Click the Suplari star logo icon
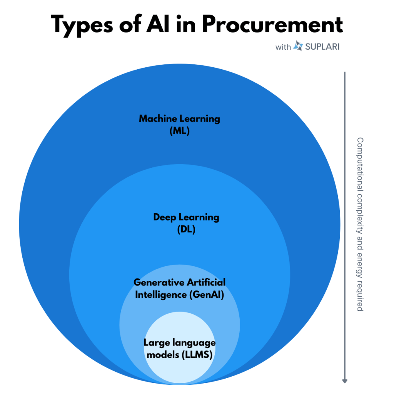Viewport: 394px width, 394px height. (x=298, y=47)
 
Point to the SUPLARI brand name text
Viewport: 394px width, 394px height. (x=322, y=47)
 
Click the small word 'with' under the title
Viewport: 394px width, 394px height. (x=283, y=47)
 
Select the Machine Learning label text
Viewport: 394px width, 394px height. (x=179, y=118)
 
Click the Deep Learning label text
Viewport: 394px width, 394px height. (x=186, y=217)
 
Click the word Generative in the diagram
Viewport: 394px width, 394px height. (x=159, y=282)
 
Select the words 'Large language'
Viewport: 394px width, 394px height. (x=179, y=342)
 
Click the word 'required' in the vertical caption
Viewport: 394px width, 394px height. (x=360, y=296)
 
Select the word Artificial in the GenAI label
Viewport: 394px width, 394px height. (x=206, y=282)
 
